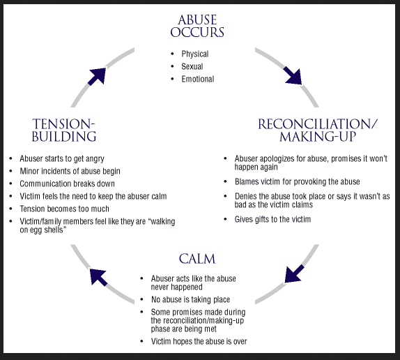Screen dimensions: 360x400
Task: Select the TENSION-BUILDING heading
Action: point(64,130)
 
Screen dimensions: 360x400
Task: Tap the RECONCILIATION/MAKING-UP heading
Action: point(318,130)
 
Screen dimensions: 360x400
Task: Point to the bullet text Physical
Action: point(195,54)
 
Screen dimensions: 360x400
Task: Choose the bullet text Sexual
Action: point(192,66)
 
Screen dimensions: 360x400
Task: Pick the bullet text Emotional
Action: point(198,79)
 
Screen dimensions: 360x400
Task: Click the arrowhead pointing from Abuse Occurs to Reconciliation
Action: point(293,74)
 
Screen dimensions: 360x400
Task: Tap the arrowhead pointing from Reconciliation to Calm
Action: point(294,273)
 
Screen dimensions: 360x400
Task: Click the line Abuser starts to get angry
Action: point(62,158)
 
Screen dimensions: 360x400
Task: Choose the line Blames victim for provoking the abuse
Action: point(297,181)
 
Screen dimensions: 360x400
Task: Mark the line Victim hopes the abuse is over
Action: point(199,341)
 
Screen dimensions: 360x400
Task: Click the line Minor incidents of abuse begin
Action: point(70,171)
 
